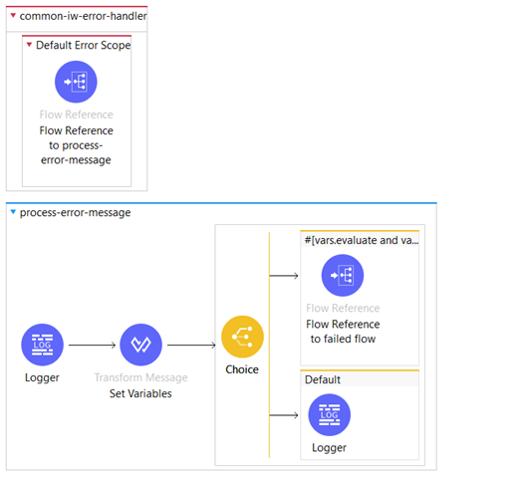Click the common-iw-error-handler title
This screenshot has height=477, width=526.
pyautogui.click(x=83, y=16)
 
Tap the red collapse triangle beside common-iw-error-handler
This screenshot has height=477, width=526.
pyautogui.click(x=13, y=15)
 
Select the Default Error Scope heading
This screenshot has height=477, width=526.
pyautogui.click(x=84, y=45)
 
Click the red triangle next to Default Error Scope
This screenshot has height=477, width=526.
pyautogui.click(x=29, y=44)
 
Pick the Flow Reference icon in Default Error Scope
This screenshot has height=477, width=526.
pyautogui.click(x=76, y=82)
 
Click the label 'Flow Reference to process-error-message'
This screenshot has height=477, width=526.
pyautogui.click(x=76, y=145)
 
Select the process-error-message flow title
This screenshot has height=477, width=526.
pyautogui.click(x=75, y=212)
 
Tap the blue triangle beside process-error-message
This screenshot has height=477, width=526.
pyautogui.click(x=13, y=212)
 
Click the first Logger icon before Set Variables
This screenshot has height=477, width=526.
pyautogui.click(x=42, y=345)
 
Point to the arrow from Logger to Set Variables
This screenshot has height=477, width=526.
pyautogui.click(x=92, y=345)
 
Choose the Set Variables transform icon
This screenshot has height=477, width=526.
pyautogui.click(x=140, y=345)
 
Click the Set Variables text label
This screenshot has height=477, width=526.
pyautogui.click(x=140, y=393)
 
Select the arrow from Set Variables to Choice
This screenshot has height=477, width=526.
pyautogui.click(x=191, y=345)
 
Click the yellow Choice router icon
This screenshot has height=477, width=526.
pyautogui.click(x=242, y=337)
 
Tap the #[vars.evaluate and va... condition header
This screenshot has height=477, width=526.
pyautogui.click(x=362, y=240)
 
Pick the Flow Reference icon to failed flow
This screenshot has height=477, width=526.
pyautogui.click(x=343, y=276)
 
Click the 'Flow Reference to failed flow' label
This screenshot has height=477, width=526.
pyautogui.click(x=343, y=332)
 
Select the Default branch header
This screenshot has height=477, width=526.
pyautogui.click(x=323, y=379)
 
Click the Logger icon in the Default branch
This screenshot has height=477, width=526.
pyautogui.click(x=330, y=415)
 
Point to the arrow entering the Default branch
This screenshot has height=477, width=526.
pyautogui.click(x=284, y=415)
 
